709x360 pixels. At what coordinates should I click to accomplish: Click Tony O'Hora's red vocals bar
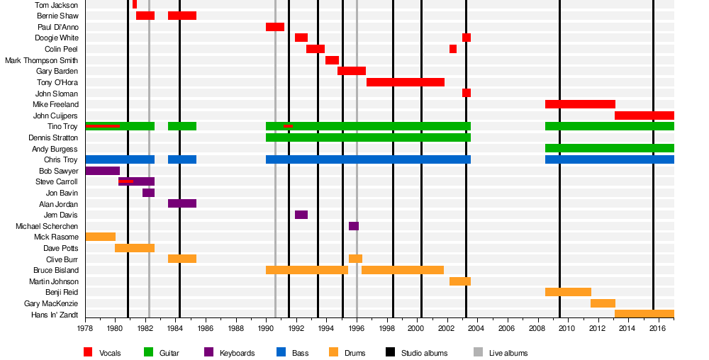point(405,82)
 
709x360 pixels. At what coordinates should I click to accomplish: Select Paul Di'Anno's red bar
point(274,27)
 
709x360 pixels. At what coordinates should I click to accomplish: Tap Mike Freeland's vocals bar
point(579,104)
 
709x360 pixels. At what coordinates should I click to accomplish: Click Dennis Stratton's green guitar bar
point(367,137)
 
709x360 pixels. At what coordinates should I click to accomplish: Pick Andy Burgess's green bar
point(609,149)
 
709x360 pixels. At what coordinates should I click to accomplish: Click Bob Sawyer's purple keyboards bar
point(102,171)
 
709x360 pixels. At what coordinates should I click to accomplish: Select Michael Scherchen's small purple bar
point(353,226)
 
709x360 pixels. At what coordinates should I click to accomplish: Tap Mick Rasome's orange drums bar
point(100,237)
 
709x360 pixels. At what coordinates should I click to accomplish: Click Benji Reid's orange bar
point(567,292)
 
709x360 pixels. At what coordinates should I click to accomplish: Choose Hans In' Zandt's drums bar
point(644,314)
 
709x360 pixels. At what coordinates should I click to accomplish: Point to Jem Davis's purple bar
point(301,215)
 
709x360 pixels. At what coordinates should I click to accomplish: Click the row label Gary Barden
point(57,72)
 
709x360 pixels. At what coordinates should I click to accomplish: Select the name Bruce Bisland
point(55,270)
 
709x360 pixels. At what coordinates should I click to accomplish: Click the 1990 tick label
point(266,328)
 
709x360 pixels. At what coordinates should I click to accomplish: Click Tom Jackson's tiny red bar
point(134,5)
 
